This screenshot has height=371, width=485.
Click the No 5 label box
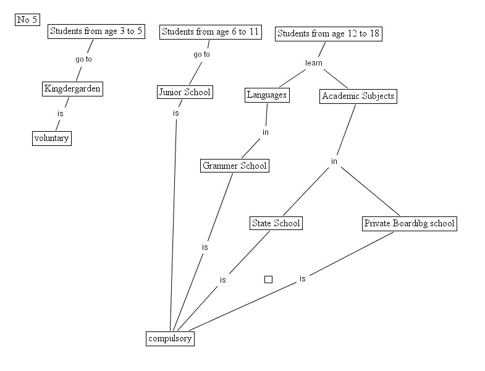coord(27,20)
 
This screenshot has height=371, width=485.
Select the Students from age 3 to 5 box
coord(96,32)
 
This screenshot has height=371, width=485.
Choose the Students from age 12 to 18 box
coord(328,33)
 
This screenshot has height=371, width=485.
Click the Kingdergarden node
coord(72,89)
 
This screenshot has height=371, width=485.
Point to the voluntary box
coord(51,138)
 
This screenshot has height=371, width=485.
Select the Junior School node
coord(184,93)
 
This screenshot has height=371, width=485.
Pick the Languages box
coord(267,95)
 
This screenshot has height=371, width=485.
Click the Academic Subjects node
coord(358,96)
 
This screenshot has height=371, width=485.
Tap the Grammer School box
coord(235,166)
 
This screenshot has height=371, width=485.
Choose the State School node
coord(276,223)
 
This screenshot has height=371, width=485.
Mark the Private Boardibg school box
coord(409,223)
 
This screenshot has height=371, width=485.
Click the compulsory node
coord(171,338)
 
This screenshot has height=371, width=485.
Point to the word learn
coord(314,63)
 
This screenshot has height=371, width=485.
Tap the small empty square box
coord(268,279)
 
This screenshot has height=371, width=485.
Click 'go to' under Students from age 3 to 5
coord(83,60)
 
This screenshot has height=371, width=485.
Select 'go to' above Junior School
coord(201,54)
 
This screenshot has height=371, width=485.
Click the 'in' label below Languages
coord(265,132)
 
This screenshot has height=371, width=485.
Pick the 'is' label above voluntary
coord(61,114)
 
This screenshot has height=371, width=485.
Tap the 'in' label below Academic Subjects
coord(334,161)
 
